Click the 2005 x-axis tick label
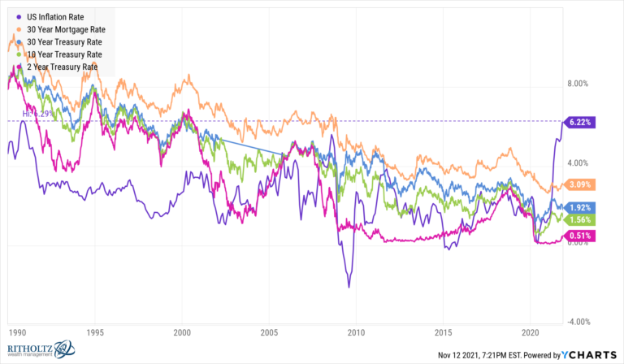tap(269, 332)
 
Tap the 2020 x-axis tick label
tap(531, 332)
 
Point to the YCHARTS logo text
tap(593, 355)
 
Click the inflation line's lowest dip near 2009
tap(349, 286)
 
